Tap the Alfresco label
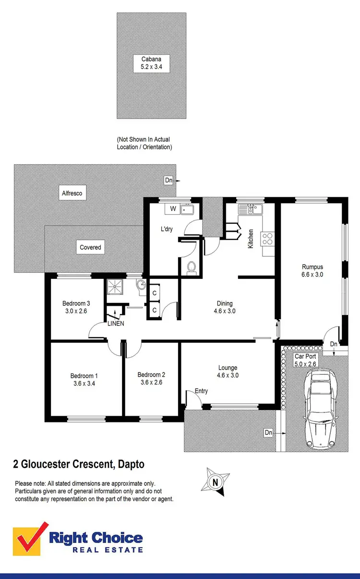pyautogui.click(x=72, y=193)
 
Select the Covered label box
pyautogui.click(x=90, y=247)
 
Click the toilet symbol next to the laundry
pyautogui.click(x=192, y=267)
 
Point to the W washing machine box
pyautogui.click(x=172, y=209)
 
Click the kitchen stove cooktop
pyautogui.click(x=267, y=238)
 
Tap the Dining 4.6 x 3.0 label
pyautogui.click(x=225, y=307)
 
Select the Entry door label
pyautogui.click(x=202, y=391)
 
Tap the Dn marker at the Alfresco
pyautogui.click(x=168, y=181)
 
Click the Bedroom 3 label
pyautogui.click(x=76, y=307)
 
